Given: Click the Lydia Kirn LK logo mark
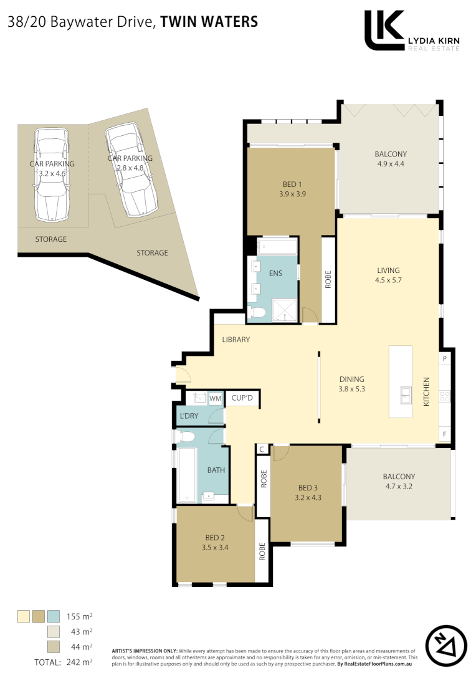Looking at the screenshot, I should point(384,30).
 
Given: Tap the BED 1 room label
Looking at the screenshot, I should point(292,184).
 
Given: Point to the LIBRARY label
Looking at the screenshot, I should point(236,340).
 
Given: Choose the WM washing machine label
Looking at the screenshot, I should point(214,398).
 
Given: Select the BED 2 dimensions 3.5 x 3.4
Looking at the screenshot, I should point(216,548).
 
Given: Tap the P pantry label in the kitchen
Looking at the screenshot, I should point(445,359).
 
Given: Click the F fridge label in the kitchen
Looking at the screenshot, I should point(445,433).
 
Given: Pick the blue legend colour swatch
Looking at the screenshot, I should point(54,617).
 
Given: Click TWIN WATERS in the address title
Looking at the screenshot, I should point(209,22).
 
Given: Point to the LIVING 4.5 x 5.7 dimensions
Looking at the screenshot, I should point(388,280).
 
